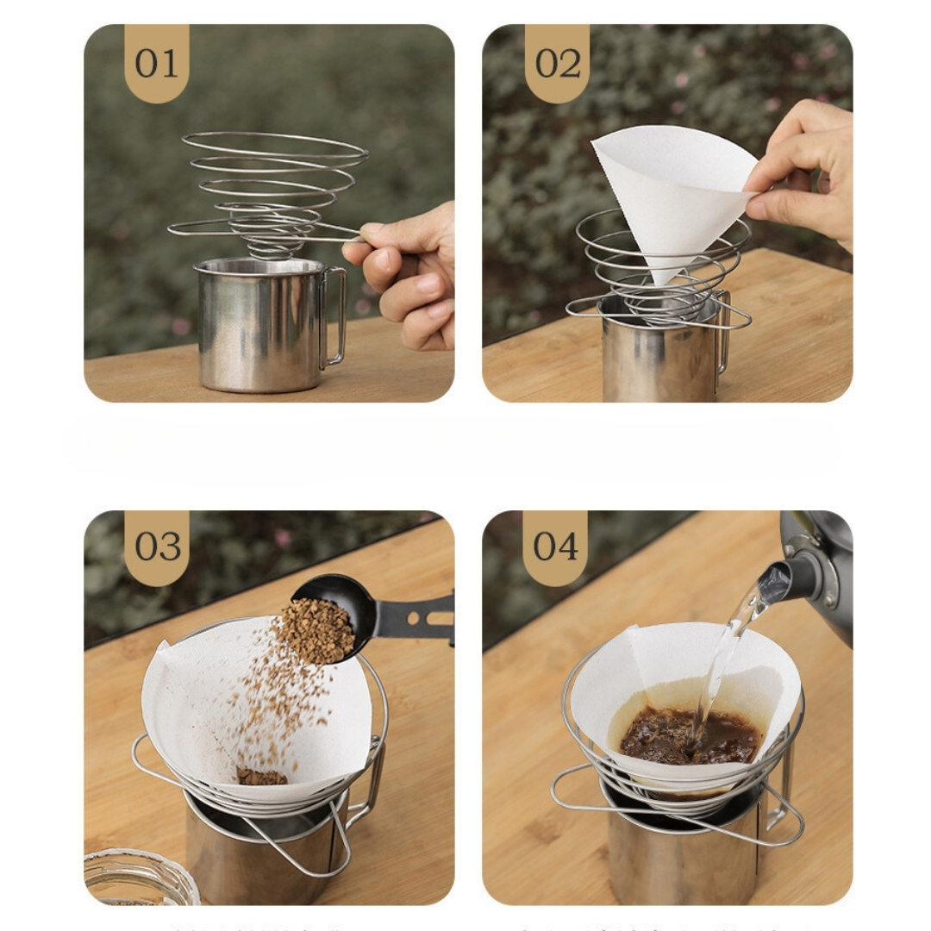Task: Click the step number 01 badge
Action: click(156, 63)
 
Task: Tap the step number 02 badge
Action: click(557, 63)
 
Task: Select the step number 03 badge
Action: click(156, 547)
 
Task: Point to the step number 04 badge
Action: click(555, 547)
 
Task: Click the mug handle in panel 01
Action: click(336, 315)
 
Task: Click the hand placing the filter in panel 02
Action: click(802, 172)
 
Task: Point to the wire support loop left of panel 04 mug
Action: click(573, 789)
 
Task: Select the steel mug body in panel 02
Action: click(655, 362)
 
